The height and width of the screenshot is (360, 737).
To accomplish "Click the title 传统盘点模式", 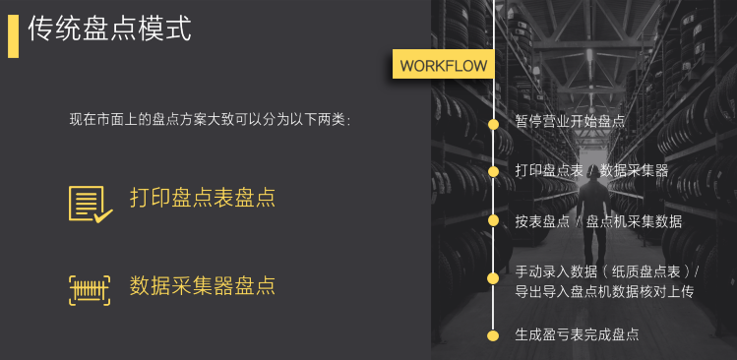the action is pos(109,30).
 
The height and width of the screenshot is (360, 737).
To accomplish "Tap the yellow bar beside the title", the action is pos(13,35).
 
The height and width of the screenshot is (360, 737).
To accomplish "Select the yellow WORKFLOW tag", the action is pos(444,66).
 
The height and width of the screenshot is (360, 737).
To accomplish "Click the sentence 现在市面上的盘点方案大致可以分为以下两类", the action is pos(210,120).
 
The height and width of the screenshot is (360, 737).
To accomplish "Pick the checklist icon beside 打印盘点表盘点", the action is pos(90,203).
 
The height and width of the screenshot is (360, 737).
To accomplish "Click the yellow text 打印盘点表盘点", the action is pos(202,198).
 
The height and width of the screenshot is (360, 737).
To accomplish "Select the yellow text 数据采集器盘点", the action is pos(202,286).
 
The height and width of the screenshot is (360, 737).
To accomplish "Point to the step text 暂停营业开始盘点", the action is pos(570,122).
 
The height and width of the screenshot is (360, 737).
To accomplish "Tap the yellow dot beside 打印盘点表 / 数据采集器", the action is pos(494,171).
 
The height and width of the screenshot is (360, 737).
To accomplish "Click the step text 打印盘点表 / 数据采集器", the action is pos(591,171).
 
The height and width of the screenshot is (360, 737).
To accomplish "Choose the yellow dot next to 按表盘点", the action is pos(494,220).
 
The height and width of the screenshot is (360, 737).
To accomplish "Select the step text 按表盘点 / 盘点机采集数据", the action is pos(598,221).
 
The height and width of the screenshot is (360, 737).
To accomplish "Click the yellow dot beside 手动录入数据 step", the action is pos(494,279).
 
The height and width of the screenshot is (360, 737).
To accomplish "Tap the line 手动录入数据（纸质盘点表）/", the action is pos(606,270).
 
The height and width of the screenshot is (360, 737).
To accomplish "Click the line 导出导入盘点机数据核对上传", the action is pos(604,292).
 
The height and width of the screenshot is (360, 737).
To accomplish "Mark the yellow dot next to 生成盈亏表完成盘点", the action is pos(494,334).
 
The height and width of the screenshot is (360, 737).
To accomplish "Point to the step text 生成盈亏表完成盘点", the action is pos(577,334).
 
